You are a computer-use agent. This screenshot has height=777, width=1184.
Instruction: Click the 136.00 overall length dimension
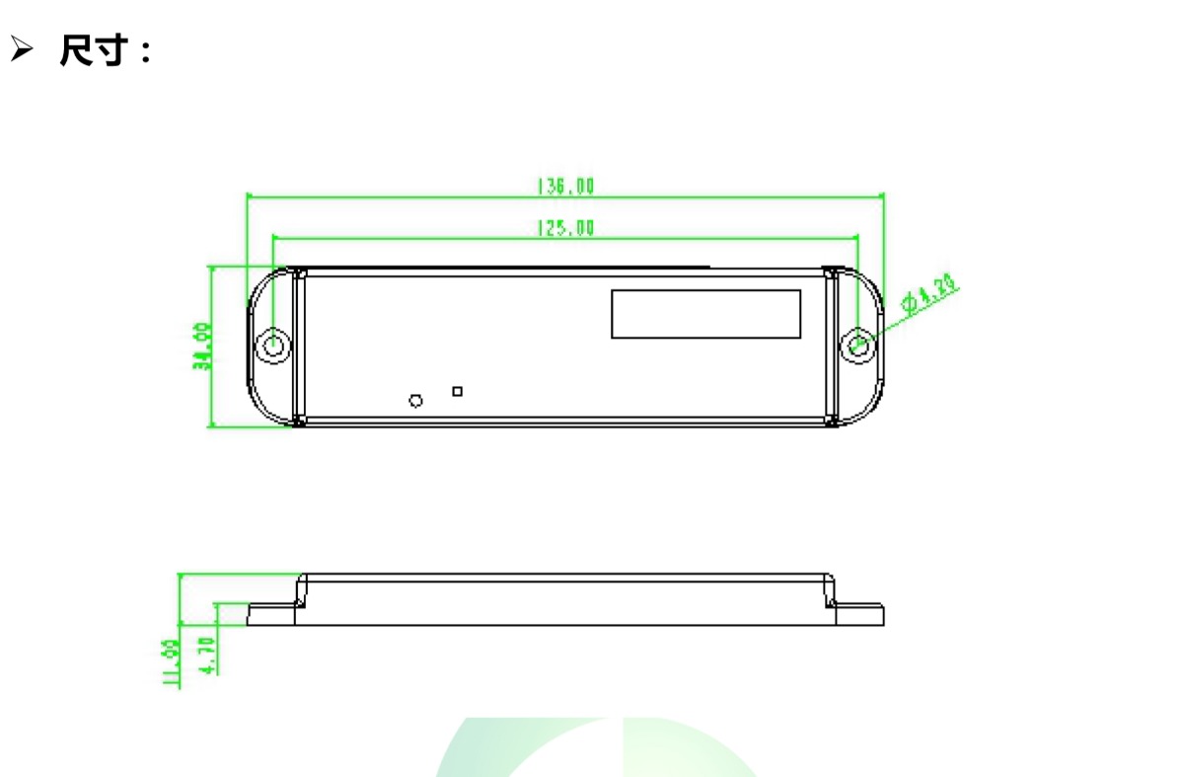tap(565, 186)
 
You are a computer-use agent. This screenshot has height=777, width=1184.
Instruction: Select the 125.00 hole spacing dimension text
tap(565, 228)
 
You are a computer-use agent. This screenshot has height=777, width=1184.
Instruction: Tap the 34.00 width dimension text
tap(200, 346)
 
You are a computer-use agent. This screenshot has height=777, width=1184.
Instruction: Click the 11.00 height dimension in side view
tap(170, 662)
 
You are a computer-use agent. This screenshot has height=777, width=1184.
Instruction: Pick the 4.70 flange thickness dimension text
tap(207, 655)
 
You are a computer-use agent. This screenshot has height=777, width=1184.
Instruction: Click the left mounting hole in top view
tap(273, 346)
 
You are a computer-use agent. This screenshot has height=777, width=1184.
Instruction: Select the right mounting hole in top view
tap(859, 345)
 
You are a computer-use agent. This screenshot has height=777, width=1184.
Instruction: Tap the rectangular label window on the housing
tap(705, 314)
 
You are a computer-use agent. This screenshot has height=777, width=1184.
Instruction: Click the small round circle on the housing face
tap(415, 400)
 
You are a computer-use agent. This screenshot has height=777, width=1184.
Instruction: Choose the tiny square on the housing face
tap(457, 392)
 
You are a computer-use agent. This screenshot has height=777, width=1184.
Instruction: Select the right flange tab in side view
tap(859, 615)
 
